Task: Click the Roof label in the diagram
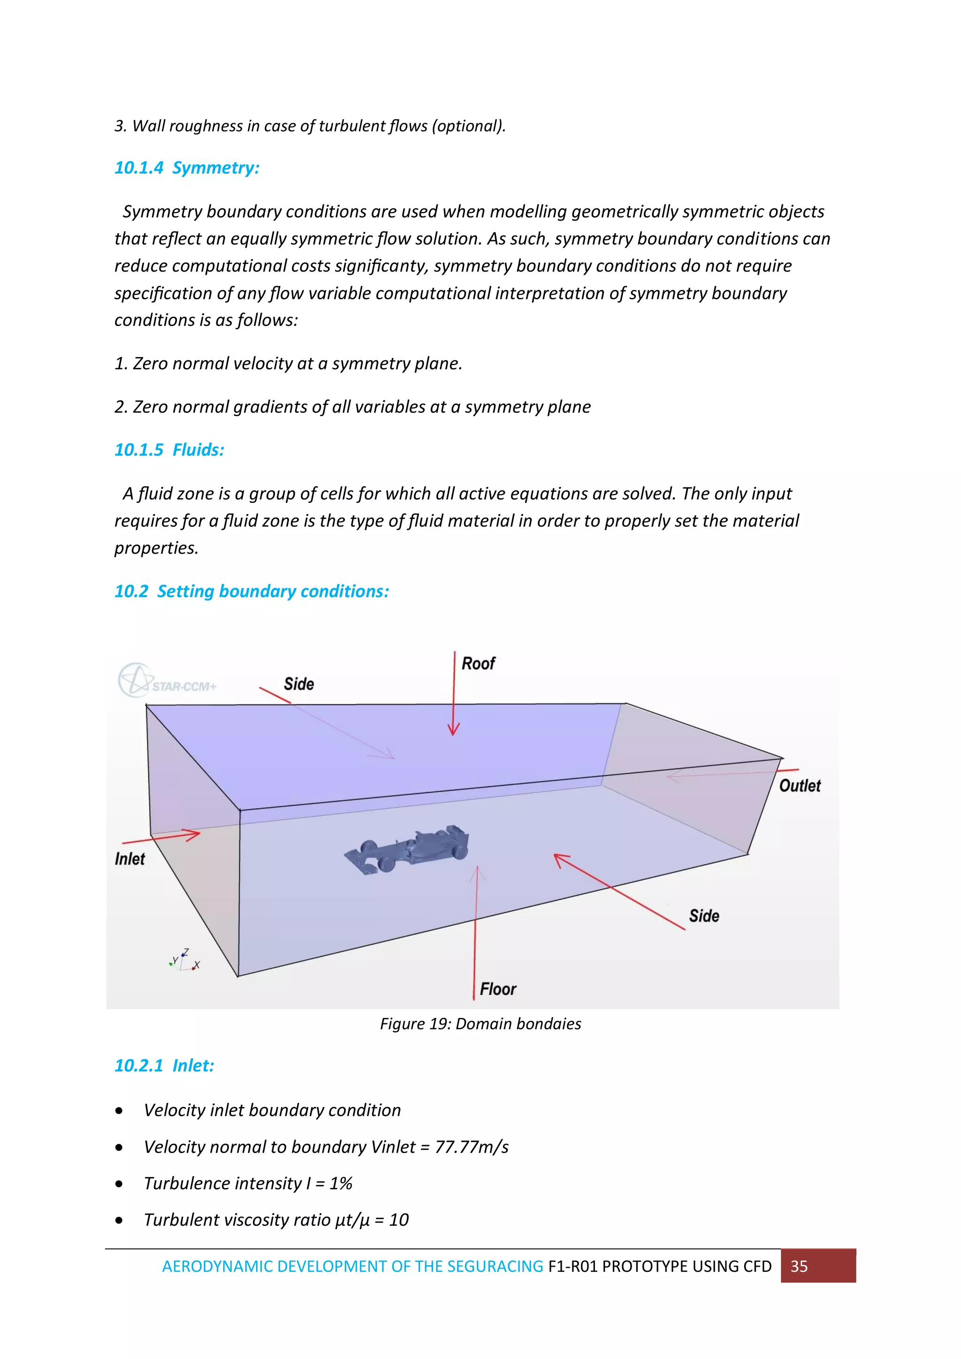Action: (478, 663)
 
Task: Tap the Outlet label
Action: (800, 786)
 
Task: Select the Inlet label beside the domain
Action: (130, 859)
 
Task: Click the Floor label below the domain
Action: (498, 989)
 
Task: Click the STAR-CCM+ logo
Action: (167, 681)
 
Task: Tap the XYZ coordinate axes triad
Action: (184, 961)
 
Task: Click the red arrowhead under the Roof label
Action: (454, 729)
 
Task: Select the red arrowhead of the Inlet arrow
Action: (192, 835)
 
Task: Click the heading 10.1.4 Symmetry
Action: (187, 168)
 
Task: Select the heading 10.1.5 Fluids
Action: (169, 450)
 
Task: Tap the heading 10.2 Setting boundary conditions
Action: (252, 591)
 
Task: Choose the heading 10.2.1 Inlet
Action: (164, 1065)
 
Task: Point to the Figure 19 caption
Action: (480, 1024)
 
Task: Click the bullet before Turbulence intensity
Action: (120, 1184)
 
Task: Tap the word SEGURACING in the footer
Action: (495, 1266)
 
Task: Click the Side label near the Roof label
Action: (298, 684)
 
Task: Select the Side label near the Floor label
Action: (703, 916)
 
